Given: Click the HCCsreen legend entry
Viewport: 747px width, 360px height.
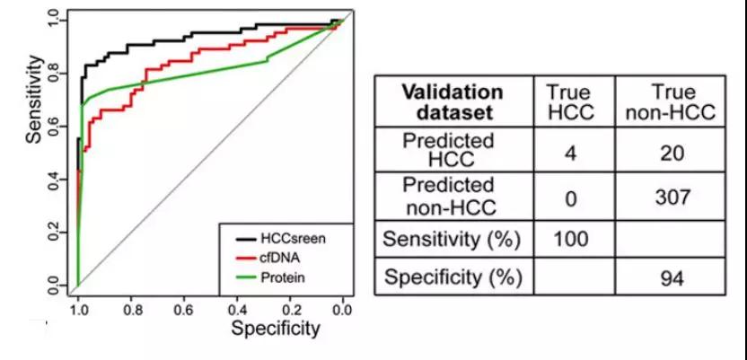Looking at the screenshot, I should click(286, 240).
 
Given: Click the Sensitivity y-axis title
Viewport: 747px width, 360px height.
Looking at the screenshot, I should click(34, 100).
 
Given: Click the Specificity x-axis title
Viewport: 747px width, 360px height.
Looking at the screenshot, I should click(275, 329).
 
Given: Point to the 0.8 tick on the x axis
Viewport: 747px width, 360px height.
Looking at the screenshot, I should click(131, 309).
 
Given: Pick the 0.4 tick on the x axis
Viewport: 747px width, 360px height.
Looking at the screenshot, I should click(237, 309).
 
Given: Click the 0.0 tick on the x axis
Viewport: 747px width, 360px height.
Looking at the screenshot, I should click(343, 309).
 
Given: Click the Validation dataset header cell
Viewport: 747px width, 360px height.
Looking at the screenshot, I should click(453, 102).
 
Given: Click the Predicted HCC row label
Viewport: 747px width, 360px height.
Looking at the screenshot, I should click(453, 153).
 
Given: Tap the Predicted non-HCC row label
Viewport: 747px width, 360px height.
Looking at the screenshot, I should click(453, 196).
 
